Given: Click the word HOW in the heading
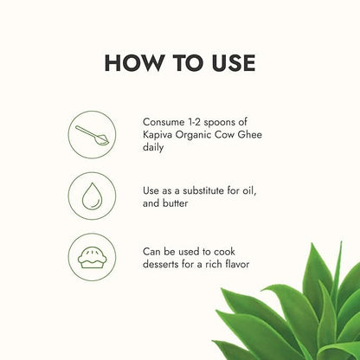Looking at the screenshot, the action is (x=133, y=62).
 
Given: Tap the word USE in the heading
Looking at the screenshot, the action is (x=234, y=62).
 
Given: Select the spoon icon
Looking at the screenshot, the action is (x=92, y=135).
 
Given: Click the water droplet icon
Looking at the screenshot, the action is (x=92, y=196).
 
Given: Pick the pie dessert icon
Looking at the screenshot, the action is (x=93, y=257).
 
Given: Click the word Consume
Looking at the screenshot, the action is (x=164, y=122).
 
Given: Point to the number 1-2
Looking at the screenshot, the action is (x=195, y=122).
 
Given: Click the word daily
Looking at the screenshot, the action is (x=153, y=148).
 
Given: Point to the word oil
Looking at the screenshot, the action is (x=248, y=190).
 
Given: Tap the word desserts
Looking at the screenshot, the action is (x=161, y=264).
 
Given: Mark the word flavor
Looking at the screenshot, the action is (x=237, y=264).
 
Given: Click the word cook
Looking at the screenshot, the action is (x=224, y=252).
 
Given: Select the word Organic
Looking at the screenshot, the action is (x=192, y=135).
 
